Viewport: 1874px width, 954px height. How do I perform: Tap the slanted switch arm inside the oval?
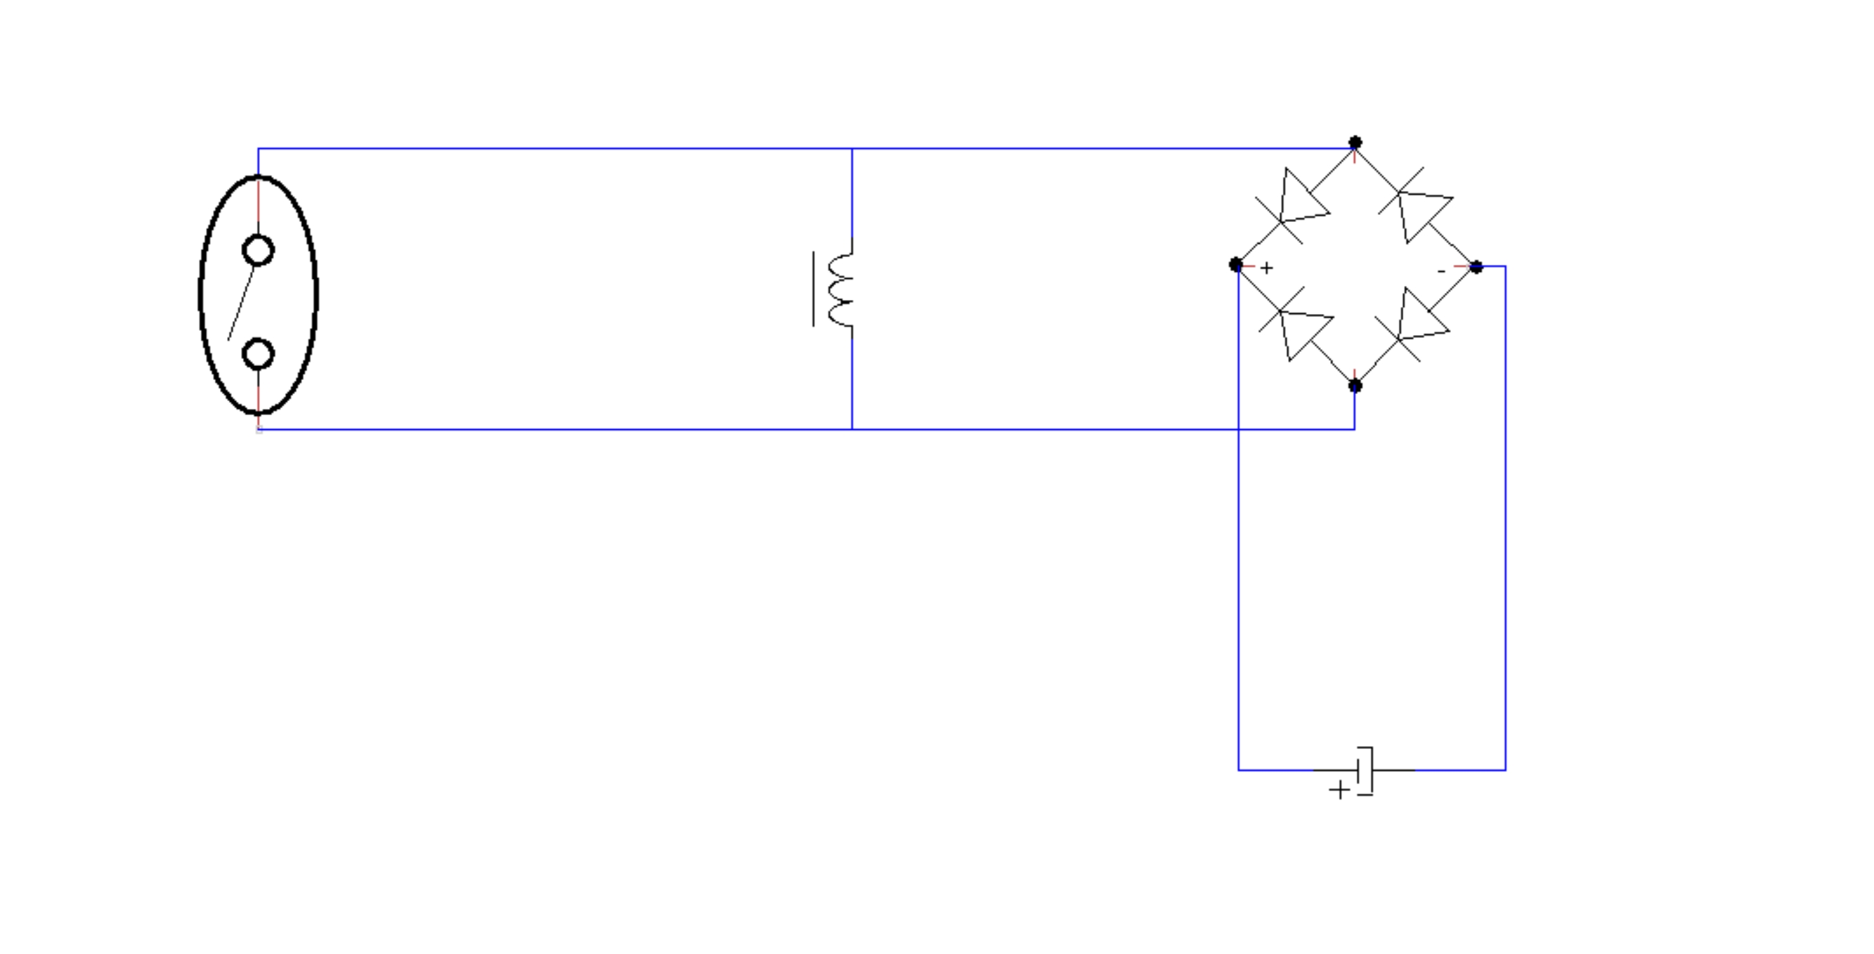coord(242,303)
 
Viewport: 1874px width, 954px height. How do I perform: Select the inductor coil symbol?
coord(841,289)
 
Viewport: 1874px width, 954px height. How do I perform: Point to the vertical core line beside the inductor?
coord(813,289)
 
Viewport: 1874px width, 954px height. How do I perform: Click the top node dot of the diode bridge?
coord(1355,143)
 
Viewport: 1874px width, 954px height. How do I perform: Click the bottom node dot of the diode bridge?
coord(1355,386)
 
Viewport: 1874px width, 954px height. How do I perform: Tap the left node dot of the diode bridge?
coord(1235,265)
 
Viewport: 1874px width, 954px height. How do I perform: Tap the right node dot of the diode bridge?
coord(1476,268)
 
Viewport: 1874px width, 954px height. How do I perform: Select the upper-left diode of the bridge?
coord(1296,204)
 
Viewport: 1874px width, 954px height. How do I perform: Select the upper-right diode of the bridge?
coord(1416,204)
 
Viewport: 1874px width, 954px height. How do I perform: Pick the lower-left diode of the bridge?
coord(1296,325)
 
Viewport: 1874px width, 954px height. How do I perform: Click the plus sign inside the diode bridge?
coord(1267,268)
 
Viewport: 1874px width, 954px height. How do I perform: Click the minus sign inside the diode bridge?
coord(1441,271)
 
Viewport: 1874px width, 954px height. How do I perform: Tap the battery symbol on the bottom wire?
coord(1365,771)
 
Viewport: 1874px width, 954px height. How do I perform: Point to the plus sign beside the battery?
coord(1339,790)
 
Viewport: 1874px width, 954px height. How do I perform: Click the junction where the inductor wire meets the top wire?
coord(852,148)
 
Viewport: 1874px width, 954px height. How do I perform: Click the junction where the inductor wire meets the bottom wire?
coord(852,429)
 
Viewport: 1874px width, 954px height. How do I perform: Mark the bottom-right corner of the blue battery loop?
coord(1505,769)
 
